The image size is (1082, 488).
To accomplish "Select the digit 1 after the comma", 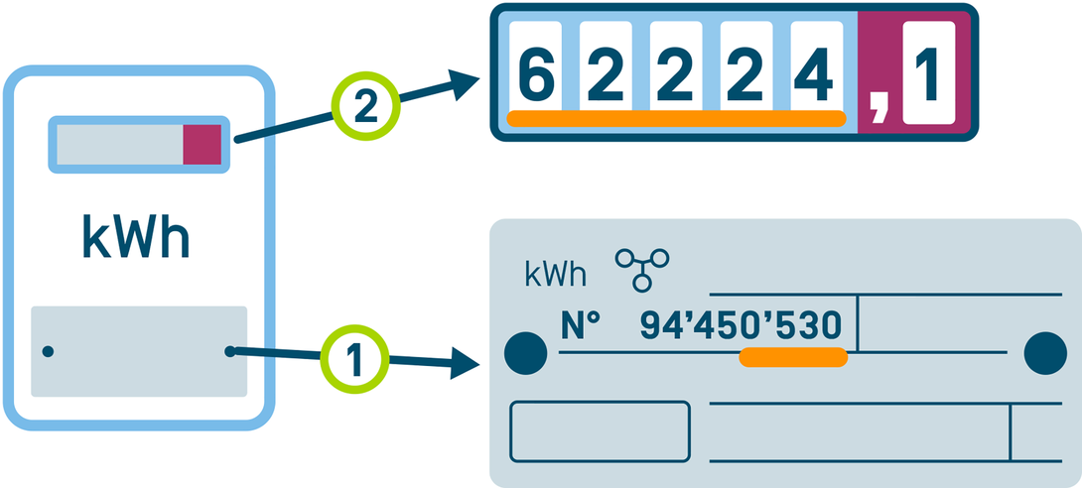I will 927,69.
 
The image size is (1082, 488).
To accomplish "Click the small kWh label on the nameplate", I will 556,273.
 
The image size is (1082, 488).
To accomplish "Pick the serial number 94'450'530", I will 741,324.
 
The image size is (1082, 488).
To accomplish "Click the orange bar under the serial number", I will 793,356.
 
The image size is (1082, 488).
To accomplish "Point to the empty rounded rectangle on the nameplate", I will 600,431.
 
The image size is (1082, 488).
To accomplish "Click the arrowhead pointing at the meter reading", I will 466,83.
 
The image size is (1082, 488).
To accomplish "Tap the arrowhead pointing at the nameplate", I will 469,363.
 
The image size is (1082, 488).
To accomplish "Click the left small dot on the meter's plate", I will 48,351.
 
